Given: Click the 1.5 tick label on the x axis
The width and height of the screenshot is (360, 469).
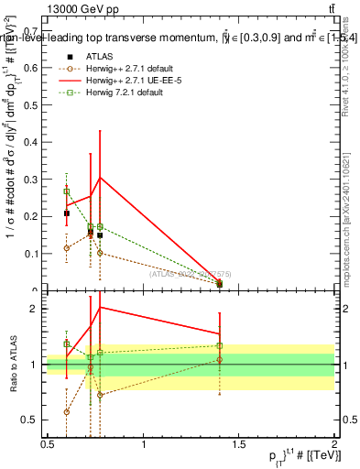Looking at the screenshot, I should [239, 444].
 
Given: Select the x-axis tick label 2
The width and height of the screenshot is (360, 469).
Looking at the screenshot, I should [334, 444].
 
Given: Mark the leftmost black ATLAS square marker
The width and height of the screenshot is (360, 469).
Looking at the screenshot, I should [67, 213].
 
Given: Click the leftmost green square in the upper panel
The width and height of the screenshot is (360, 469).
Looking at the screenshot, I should [67, 191].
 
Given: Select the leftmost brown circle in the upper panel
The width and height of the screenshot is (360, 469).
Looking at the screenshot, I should [67, 248].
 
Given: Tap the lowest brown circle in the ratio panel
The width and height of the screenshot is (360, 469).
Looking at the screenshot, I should [67, 412].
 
